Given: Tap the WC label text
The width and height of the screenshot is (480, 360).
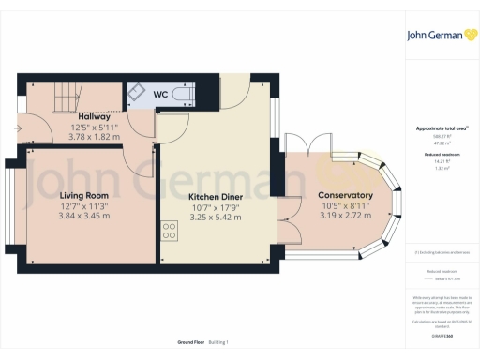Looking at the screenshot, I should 160,95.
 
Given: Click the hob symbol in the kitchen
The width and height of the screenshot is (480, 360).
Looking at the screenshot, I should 169,230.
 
